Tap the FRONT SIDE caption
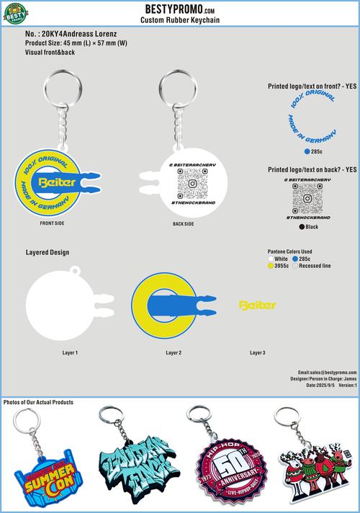click(53, 224)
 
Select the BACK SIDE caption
click(183, 224)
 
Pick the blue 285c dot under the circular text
click(307, 153)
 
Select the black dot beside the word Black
click(302, 227)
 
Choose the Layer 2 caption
click(173, 353)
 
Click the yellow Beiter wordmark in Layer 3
click(257, 305)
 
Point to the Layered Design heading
click(48, 253)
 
